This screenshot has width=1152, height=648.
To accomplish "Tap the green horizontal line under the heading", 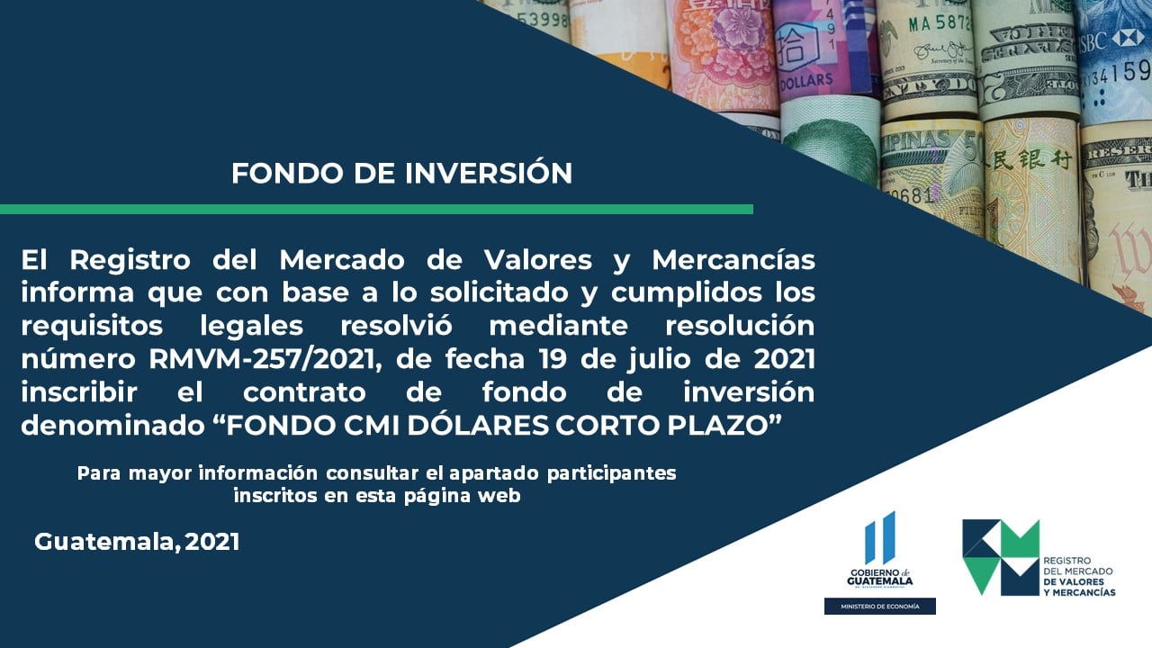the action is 376,210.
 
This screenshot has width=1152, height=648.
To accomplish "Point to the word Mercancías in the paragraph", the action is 733,260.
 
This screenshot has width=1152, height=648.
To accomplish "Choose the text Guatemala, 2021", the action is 138,542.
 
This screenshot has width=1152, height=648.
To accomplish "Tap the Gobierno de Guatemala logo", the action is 880,550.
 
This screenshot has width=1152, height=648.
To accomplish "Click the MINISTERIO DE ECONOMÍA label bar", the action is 880,607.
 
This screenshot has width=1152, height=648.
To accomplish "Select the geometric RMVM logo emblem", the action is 1001,557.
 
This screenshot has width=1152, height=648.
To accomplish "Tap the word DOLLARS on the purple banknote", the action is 806,81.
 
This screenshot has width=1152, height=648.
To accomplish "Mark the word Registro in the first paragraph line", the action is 130,261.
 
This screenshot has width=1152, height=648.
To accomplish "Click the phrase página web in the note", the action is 463,496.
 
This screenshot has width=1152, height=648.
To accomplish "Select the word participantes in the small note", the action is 612,473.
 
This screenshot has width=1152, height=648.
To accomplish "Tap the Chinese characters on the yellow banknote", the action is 1031,160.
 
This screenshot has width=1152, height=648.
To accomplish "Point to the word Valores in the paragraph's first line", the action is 538,260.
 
